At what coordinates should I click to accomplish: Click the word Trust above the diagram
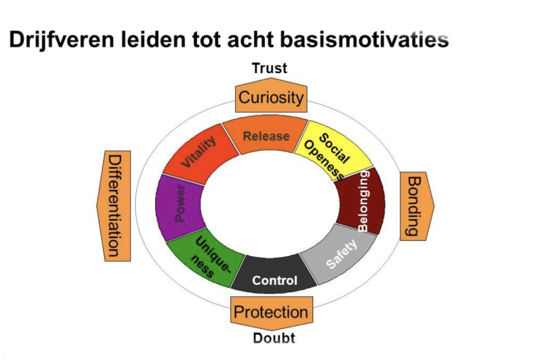tap(270, 68)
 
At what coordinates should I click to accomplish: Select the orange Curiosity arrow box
tap(270, 98)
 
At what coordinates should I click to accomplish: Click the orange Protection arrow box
tap(270, 312)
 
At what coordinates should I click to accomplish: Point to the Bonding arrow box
tap(413, 206)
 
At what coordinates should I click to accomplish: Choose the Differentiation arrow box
tap(116, 205)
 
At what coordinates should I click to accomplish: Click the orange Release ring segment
tap(266, 136)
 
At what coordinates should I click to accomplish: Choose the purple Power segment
tap(180, 206)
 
